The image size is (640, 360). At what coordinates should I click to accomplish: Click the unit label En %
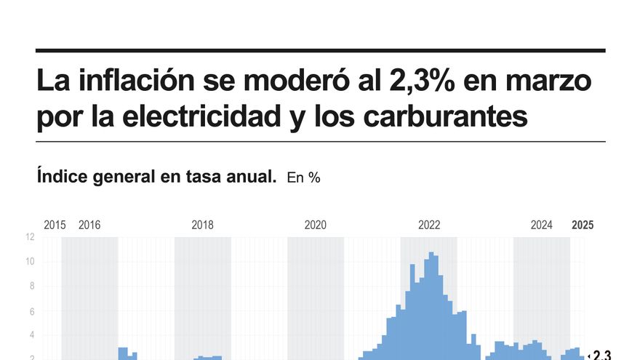(303, 177)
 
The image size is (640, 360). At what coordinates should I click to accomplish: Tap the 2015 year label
(55, 225)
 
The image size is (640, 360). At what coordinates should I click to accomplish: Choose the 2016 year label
(89, 225)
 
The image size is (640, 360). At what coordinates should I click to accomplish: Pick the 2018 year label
(202, 225)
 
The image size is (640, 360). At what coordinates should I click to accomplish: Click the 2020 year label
(316, 225)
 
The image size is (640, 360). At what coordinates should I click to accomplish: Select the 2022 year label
(429, 225)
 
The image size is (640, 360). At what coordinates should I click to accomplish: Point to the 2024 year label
(542, 225)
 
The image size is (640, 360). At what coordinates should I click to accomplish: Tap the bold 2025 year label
(583, 225)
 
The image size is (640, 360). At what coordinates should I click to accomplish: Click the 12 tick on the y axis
(30, 237)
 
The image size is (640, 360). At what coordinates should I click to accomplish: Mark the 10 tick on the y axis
(30, 262)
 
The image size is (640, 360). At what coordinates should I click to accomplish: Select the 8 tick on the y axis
(31, 287)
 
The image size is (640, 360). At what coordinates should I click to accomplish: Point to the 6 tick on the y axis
(31, 311)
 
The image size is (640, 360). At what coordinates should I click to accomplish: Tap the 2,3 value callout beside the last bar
(601, 355)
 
